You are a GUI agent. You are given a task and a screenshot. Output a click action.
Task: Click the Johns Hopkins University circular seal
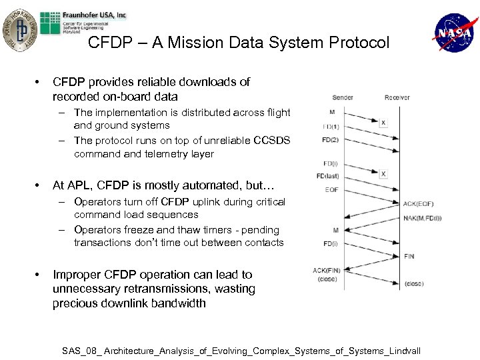click(21, 29)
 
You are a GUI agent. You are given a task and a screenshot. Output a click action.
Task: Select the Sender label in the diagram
click(343, 97)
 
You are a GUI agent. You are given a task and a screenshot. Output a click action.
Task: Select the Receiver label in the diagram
click(397, 97)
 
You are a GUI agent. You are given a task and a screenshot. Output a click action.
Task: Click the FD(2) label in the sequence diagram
click(331, 140)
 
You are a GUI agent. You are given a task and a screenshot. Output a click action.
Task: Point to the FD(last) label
click(327, 177)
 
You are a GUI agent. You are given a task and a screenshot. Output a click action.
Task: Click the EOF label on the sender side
click(331, 190)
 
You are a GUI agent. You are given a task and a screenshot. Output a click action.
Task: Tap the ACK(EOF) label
click(418, 203)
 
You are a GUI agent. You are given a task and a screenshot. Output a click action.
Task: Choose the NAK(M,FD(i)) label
click(422, 218)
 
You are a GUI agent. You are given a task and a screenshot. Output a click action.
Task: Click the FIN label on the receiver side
click(409, 256)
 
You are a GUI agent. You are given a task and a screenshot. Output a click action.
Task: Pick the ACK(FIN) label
click(326, 270)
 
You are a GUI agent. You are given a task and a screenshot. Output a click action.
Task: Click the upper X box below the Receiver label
click(383, 123)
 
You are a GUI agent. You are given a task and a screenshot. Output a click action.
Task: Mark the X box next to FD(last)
click(383, 174)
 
